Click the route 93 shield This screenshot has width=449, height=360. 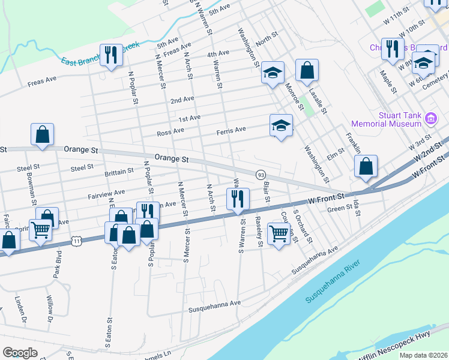coord(261,174)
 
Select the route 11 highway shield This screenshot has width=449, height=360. coord(76,241)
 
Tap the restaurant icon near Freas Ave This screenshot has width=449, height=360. coord(111,55)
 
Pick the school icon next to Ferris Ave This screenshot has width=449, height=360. coord(280,126)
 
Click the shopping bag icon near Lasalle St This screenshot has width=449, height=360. coord(307,70)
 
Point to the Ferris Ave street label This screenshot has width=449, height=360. coord(232,130)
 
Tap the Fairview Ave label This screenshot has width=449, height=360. coord(106,193)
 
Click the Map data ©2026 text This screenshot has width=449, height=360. coord(423,355)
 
